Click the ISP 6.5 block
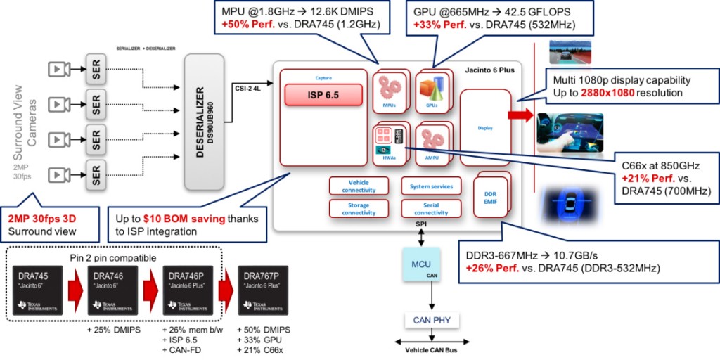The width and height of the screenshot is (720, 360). pos(323,94)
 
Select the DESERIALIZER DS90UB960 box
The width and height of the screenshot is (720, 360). pos(208,121)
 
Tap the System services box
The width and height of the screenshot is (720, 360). pos(432,186)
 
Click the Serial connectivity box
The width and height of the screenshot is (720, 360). pos(432,208)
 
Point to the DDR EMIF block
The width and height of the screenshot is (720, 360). pos(491,198)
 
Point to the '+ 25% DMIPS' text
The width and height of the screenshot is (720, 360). pos(113,330)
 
